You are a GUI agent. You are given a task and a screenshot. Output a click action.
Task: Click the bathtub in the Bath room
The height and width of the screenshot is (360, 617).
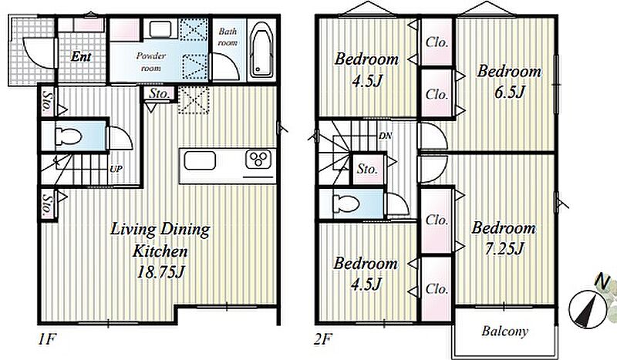point(261,50)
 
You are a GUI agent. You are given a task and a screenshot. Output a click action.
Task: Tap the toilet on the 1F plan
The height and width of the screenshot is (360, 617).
point(69,136)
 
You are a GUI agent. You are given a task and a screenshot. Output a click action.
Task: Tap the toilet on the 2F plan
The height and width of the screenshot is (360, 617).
point(346,204)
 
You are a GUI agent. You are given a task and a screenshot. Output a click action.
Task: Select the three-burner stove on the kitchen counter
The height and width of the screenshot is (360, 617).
point(258,160)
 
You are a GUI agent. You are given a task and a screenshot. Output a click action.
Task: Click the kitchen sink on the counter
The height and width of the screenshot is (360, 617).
point(200,160)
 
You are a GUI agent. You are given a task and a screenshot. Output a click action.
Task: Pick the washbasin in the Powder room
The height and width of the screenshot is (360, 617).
point(160,29)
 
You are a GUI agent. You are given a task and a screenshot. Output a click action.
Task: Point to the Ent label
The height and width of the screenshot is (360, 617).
point(81,56)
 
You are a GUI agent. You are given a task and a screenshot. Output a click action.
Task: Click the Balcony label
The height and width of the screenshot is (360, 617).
point(505,331)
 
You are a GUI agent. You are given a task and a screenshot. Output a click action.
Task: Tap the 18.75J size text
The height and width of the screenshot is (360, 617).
point(160,271)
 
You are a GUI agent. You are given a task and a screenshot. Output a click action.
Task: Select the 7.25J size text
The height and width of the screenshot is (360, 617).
point(504,248)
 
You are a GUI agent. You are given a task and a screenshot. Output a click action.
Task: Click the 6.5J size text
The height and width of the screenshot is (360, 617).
point(509,92)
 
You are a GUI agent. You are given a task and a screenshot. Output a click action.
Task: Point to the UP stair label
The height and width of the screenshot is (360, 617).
point(116,169)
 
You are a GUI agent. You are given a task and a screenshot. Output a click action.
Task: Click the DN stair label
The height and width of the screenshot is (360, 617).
point(385,136)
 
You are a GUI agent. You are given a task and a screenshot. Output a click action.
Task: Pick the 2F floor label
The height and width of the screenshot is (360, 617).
point(323,339)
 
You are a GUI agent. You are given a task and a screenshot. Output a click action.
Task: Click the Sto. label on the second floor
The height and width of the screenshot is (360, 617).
point(367,169)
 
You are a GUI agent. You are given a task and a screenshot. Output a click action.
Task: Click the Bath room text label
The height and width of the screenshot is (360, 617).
point(228,36)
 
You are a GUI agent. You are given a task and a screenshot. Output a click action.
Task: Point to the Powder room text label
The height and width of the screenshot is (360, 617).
point(150,62)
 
